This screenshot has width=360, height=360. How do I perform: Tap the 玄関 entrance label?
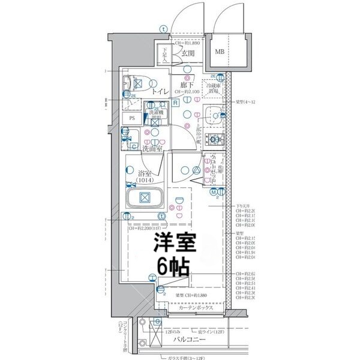click(x=188, y=54)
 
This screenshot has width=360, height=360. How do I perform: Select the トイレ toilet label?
click(x=160, y=92)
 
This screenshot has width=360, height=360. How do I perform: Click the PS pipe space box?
click(x=132, y=118)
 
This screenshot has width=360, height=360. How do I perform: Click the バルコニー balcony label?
click(x=190, y=340)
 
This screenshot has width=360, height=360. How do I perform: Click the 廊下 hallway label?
click(x=187, y=85)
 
